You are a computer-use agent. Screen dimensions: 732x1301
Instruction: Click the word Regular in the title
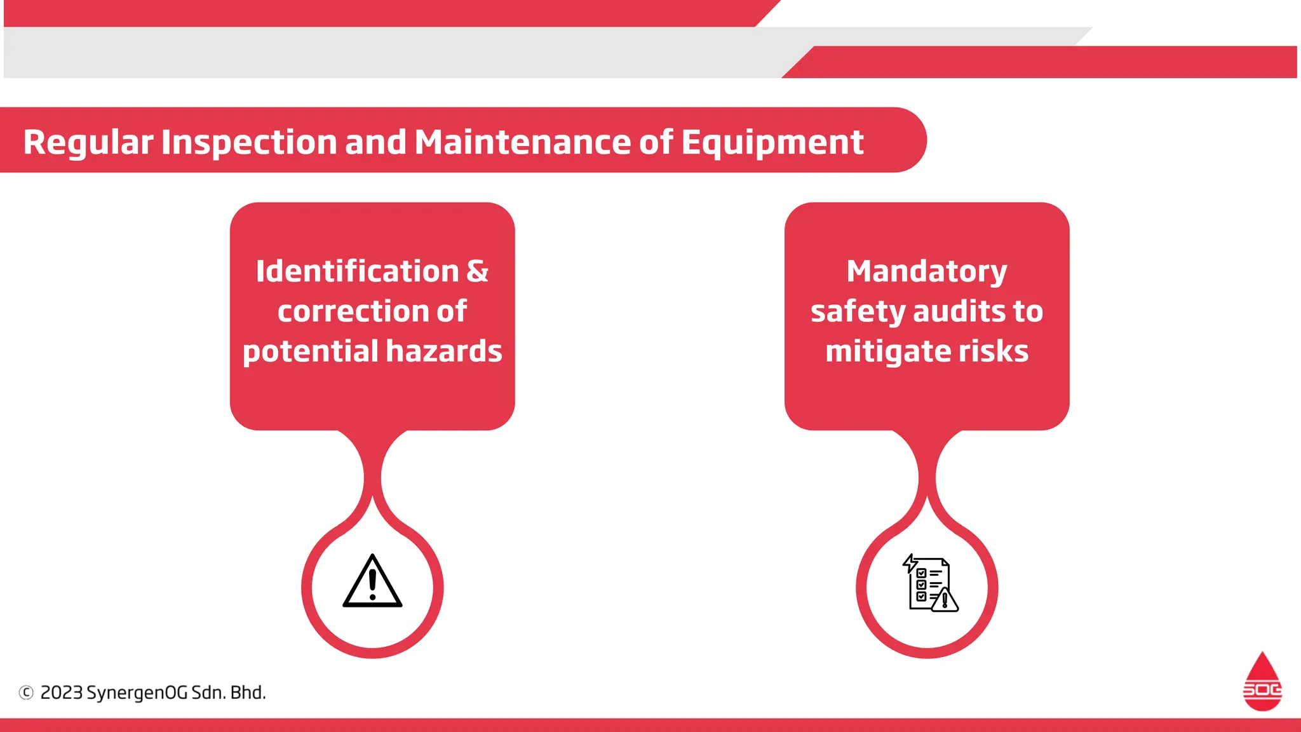click(x=88, y=142)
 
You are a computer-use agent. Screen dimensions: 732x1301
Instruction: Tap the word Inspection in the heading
click(x=249, y=142)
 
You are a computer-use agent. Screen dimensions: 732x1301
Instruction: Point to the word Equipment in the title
click(x=772, y=142)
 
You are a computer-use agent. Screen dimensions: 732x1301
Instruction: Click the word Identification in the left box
click(x=357, y=271)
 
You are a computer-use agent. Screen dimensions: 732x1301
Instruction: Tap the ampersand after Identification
click(x=478, y=271)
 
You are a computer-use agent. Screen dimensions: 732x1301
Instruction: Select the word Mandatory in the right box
click(x=927, y=272)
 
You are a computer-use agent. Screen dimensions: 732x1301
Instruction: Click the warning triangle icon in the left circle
click(x=372, y=582)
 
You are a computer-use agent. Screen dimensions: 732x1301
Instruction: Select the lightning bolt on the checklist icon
click(x=910, y=563)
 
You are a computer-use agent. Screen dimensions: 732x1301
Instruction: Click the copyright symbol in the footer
click(x=26, y=693)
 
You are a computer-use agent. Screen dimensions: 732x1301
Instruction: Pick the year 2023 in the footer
click(x=62, y=693)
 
